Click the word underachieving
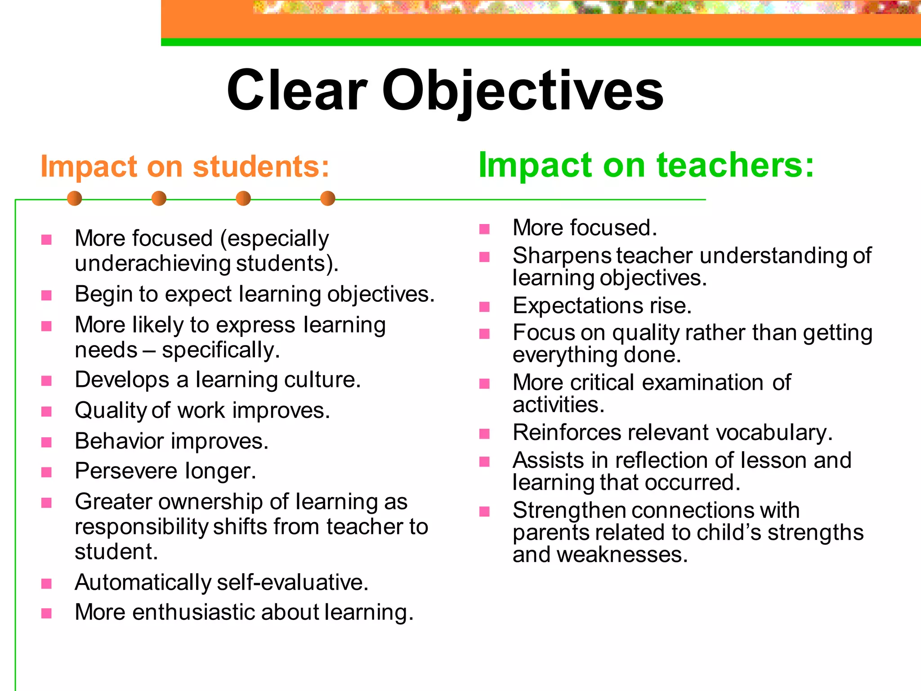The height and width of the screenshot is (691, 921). tap(153, 263)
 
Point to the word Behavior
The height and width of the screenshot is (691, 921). tap(120, 441)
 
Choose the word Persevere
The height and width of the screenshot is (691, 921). tap(126, 471)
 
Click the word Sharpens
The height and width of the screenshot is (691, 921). tap(562, 256)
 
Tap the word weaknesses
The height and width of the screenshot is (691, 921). tap(622, 555)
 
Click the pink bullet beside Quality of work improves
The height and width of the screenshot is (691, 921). tap(46, 412)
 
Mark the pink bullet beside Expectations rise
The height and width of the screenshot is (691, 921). tap(484, 307)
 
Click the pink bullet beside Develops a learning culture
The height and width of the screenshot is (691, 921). tap(46, 381)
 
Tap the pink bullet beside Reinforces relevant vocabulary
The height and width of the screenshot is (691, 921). tap(484, 434)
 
